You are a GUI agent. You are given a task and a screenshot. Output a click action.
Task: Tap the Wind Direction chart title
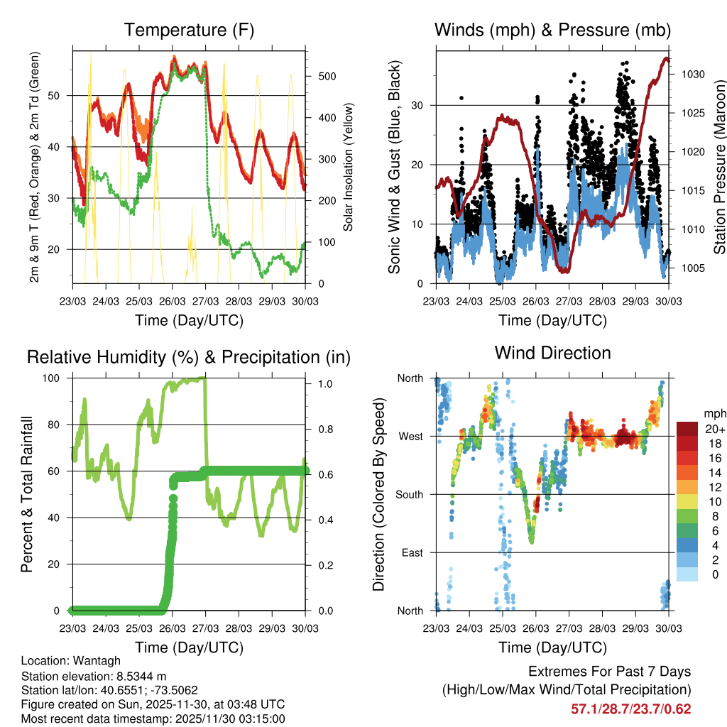coord(552,352)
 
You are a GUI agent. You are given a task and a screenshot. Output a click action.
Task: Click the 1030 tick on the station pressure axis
coord(693,74)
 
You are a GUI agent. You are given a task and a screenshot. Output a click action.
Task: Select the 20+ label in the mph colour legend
coord(715,429)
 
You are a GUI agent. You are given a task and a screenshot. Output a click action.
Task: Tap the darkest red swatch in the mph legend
coord(687,429)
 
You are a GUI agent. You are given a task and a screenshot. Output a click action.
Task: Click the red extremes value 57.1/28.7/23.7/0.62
coord(630,709)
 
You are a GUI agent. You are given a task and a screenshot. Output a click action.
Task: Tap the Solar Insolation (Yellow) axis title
coord(348,167)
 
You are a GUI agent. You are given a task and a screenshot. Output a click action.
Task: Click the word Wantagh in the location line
coord(93,661)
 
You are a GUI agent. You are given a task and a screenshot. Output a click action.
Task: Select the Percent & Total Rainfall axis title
coord(26,494)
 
